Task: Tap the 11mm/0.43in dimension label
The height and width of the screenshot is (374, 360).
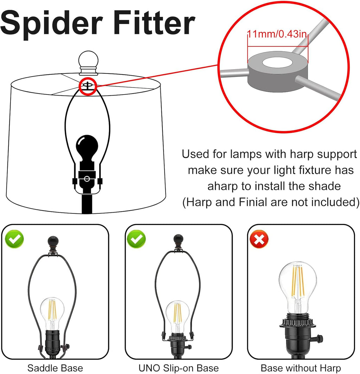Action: (x=277, y=34)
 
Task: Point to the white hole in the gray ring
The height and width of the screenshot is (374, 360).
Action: (x=277, y=63)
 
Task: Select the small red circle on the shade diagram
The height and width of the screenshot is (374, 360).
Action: (x=88, y=86)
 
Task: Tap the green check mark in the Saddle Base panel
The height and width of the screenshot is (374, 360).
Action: (x=14, y=239)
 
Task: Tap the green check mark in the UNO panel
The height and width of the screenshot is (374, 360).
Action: (x=136, y=239)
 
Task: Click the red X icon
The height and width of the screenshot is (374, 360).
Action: (x=259, y=239)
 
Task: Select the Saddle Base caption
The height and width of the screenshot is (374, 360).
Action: (x=55, y=368)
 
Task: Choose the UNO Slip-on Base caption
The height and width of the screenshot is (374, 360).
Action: (x=179, y=368)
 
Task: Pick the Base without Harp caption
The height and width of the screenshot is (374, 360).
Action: (x=301, y=368)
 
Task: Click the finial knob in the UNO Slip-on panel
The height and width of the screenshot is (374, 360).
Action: (x=178, y=241)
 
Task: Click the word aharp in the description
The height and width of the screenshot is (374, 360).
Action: (x=223, y=187)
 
